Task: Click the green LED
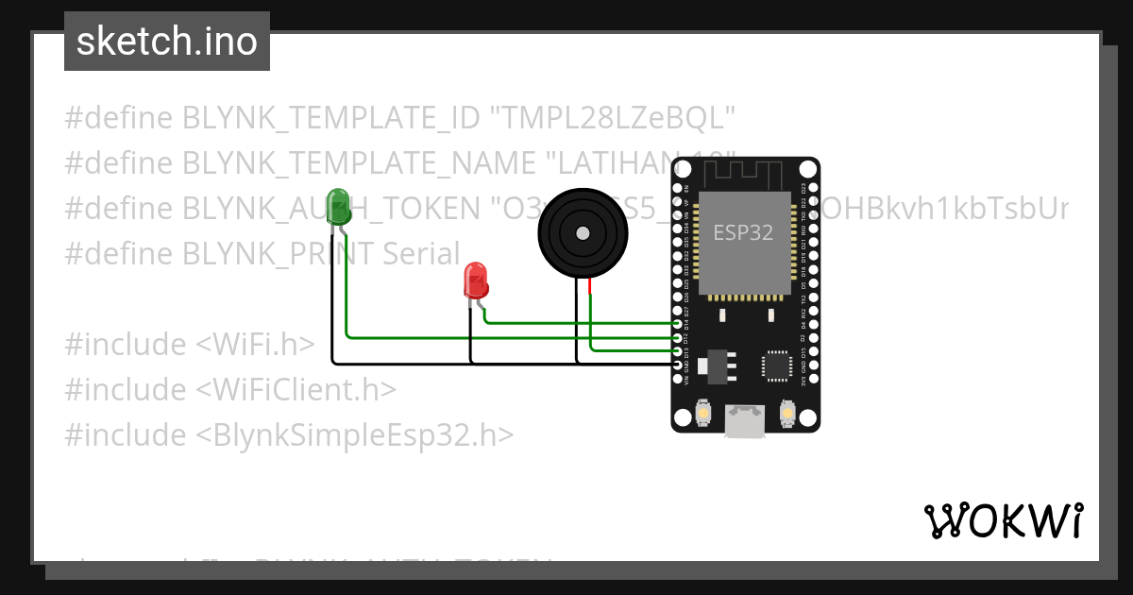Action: tap(337, 208)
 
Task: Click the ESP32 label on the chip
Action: tap(743, 233)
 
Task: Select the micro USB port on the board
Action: tap(745, 421)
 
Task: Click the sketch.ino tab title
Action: tap(167, 42)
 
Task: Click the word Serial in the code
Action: tap(421, 253)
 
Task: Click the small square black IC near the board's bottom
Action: tap(777, 365)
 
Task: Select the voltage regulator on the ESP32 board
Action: tap(719, 364)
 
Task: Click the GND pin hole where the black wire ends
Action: tap(678, 364)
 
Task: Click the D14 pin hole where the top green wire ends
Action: tap(678, 323)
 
